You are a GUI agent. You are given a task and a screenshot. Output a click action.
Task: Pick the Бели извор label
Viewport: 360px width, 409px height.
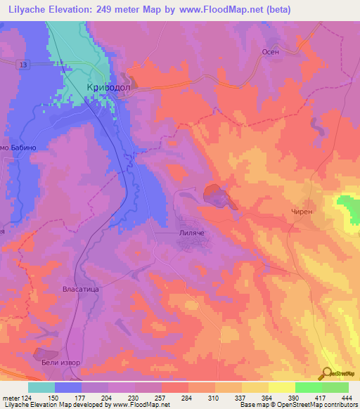coord(56,363)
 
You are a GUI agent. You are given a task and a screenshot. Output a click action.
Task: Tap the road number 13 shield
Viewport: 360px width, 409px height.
coord(25,65)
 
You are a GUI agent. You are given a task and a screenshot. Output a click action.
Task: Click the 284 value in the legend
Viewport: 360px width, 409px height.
coord(186,397)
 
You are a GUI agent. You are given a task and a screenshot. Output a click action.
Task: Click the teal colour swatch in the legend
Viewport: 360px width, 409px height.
coord(41,387)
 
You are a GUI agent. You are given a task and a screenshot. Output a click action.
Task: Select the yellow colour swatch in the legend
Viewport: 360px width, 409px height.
coord(282,387)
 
